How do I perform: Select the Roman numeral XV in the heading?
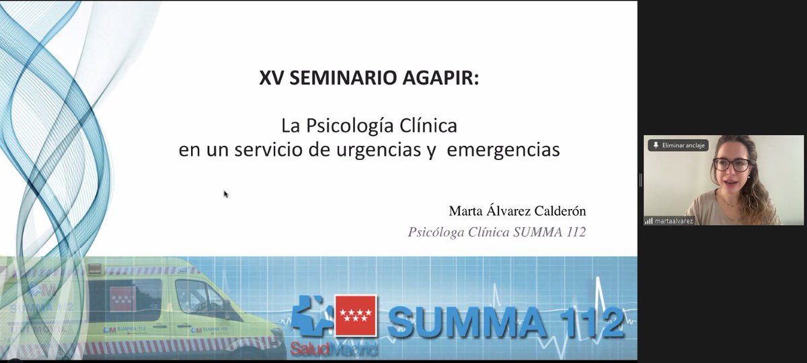click(x=271, y=79)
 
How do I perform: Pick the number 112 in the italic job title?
click(x=574, y=233)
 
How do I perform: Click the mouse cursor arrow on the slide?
click(x=226, y=194)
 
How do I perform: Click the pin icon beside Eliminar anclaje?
click(x=655, y=145)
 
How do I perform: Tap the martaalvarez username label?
click(x=675, y=220)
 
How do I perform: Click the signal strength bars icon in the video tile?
click(x=649, y=220)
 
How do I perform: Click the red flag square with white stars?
click(x=356, y=315)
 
